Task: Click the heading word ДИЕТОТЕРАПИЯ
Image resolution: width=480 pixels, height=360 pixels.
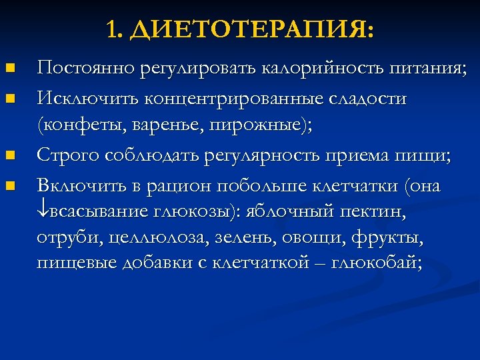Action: click(x=251, y=30)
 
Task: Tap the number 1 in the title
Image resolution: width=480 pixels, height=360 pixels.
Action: click(x=111, y=30)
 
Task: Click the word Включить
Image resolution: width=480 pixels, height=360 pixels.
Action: click(x=79, y=185)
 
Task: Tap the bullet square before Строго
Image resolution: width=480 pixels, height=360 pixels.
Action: click(x=9, y=155)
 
